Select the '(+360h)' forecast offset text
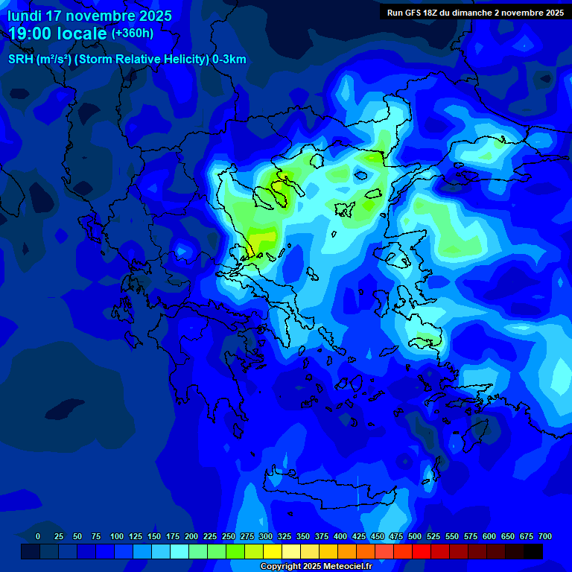point(133,34)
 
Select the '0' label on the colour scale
point(38,536)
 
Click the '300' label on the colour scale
point(266,536)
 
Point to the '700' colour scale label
point(545,536)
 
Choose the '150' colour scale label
point(154,536)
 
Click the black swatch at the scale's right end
point(533,551)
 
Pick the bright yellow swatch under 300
point(273,551)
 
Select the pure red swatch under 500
point(422,551)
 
